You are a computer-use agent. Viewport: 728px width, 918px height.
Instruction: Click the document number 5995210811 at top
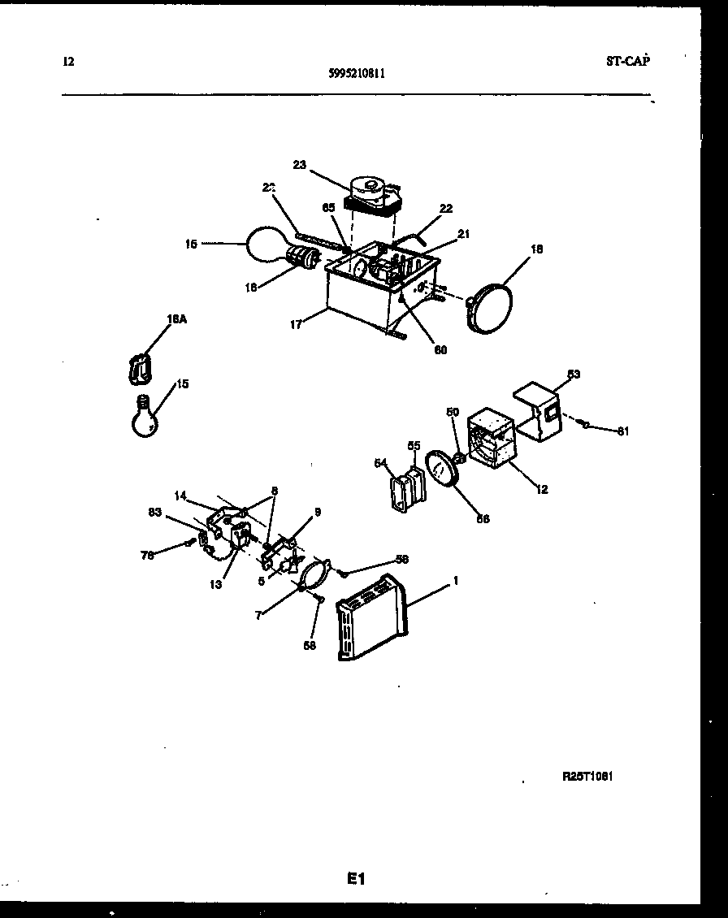pos(357,72)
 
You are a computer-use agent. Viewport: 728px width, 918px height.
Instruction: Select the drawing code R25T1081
pos(587,776)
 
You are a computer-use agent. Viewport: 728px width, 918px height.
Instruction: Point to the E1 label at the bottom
pos(356,878)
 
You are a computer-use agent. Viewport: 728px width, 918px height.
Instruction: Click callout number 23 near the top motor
pos(299,165)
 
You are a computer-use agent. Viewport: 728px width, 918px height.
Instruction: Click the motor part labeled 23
pos(373,196)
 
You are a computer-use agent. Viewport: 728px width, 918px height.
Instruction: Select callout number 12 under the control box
pos(542,489)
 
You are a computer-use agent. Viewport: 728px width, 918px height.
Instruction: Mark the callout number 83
pos(154,511)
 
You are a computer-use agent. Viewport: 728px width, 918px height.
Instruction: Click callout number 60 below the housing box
pos(440,350)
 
